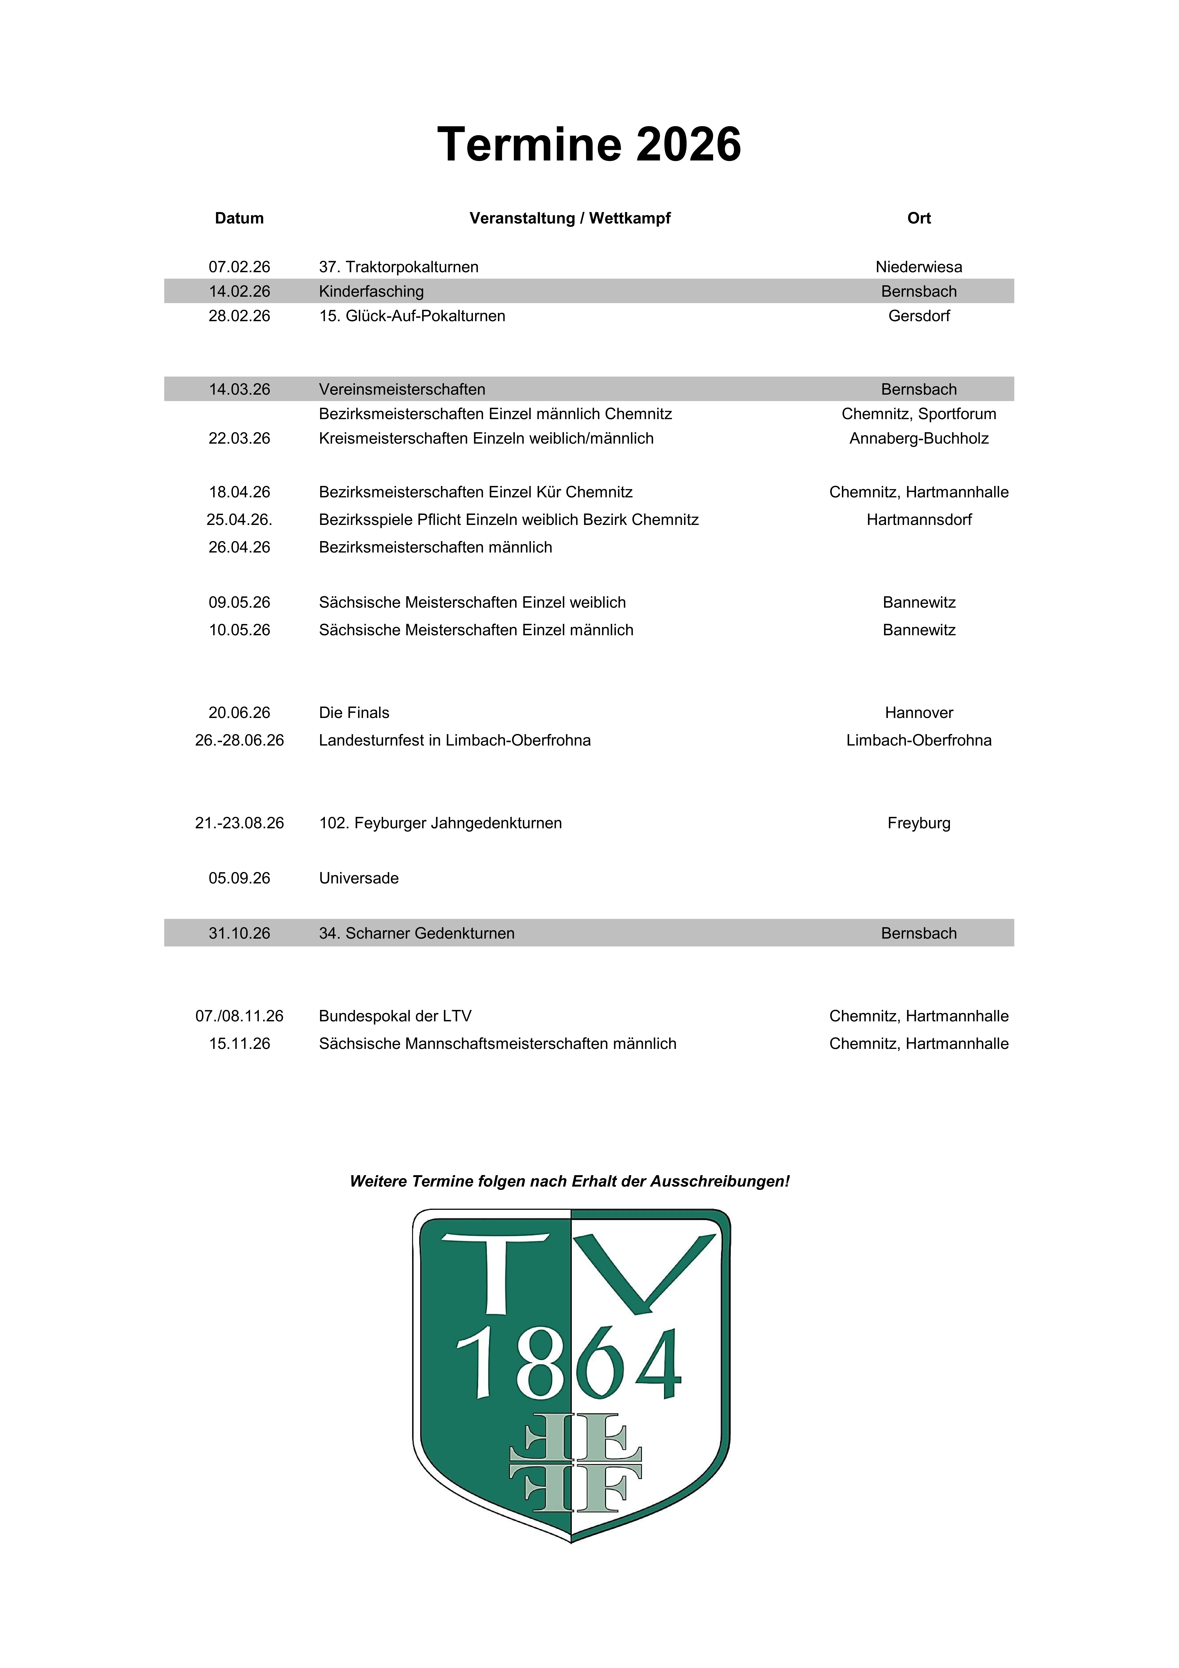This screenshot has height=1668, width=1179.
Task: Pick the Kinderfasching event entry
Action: (x=371, y=291)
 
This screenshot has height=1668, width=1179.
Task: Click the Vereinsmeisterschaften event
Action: (x=402, y=389)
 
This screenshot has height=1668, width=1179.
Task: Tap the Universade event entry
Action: (x=359, y=878)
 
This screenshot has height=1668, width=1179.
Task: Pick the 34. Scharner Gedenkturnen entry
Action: (x=416, y=934)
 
